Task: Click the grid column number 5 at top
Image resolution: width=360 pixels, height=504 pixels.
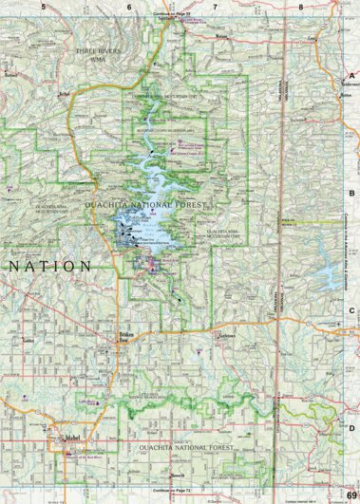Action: pos(43,6)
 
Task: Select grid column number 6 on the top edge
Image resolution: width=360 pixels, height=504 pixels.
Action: pos(128,6)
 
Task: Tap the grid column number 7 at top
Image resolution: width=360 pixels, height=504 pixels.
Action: pos(216,6)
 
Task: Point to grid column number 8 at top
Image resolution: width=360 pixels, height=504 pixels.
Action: pos(301,6)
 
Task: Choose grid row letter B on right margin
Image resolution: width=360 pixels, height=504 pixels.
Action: pos(351,193)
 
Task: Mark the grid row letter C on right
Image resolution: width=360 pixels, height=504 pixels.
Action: pos(351,310)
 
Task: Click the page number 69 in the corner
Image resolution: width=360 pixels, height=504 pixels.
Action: pos(351,494)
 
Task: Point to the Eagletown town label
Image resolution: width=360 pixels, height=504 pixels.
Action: pos(225,335)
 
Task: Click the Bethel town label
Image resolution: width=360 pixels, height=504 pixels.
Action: pos(64,96)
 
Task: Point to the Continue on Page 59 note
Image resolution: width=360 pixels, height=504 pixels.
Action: pos(172,16)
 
